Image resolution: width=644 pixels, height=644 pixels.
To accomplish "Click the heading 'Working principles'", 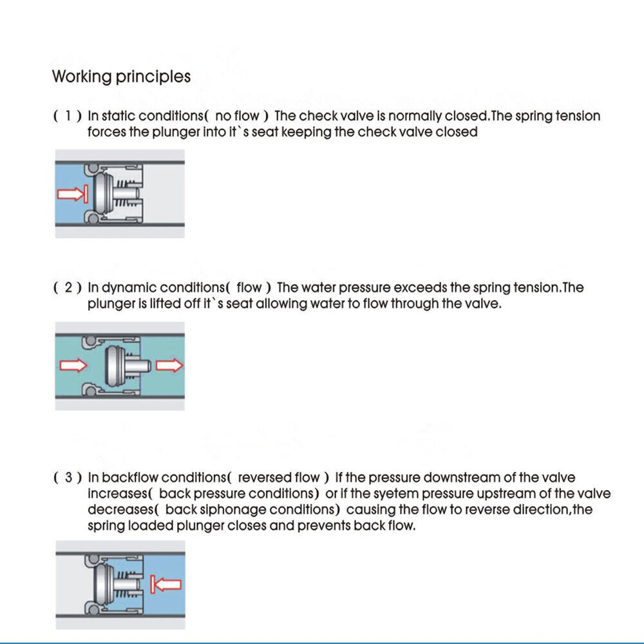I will (x=121, y=77).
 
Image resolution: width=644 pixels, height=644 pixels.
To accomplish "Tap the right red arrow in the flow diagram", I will (x=169, y=366).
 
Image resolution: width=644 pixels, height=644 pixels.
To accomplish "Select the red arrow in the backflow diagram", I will (x=166, y=585).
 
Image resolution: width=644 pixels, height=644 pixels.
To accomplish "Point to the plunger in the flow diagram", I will (x=122, y=366).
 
